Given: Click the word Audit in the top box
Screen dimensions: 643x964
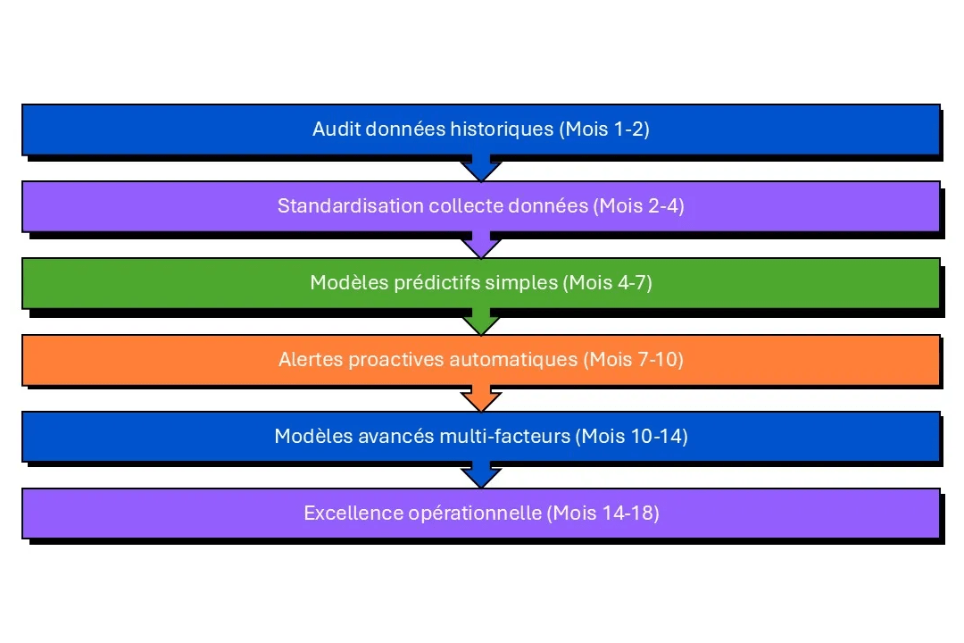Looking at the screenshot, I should pos(333,129).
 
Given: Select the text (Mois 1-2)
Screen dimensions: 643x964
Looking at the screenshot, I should pos(603,129).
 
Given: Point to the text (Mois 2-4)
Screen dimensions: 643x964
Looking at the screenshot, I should pos(638,206).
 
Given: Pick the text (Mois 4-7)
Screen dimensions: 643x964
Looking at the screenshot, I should pos(607,283).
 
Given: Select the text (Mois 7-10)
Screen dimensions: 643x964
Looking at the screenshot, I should pos(633,360).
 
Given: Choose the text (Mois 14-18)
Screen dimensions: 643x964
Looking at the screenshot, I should pos(603,514).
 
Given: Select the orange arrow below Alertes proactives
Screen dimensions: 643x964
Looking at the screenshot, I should pos(482,398).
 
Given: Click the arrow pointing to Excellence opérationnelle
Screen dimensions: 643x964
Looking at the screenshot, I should pos(482,475).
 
